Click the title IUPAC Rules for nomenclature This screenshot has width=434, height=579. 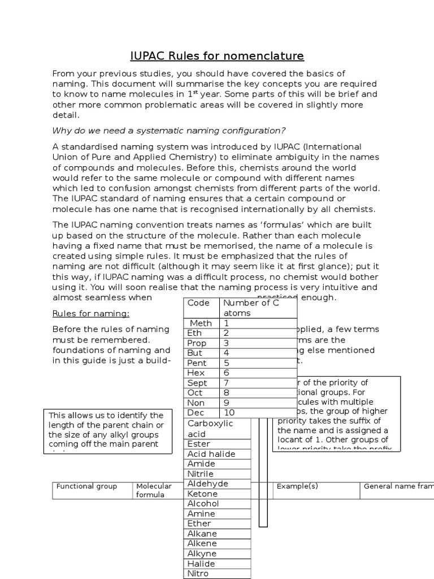pyautogui.click(x=217, y=55)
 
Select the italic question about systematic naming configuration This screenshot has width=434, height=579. pyautogui.click(x=169, y=130)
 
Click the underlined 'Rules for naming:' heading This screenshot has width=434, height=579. pyautogui.click(x=91, y=313)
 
